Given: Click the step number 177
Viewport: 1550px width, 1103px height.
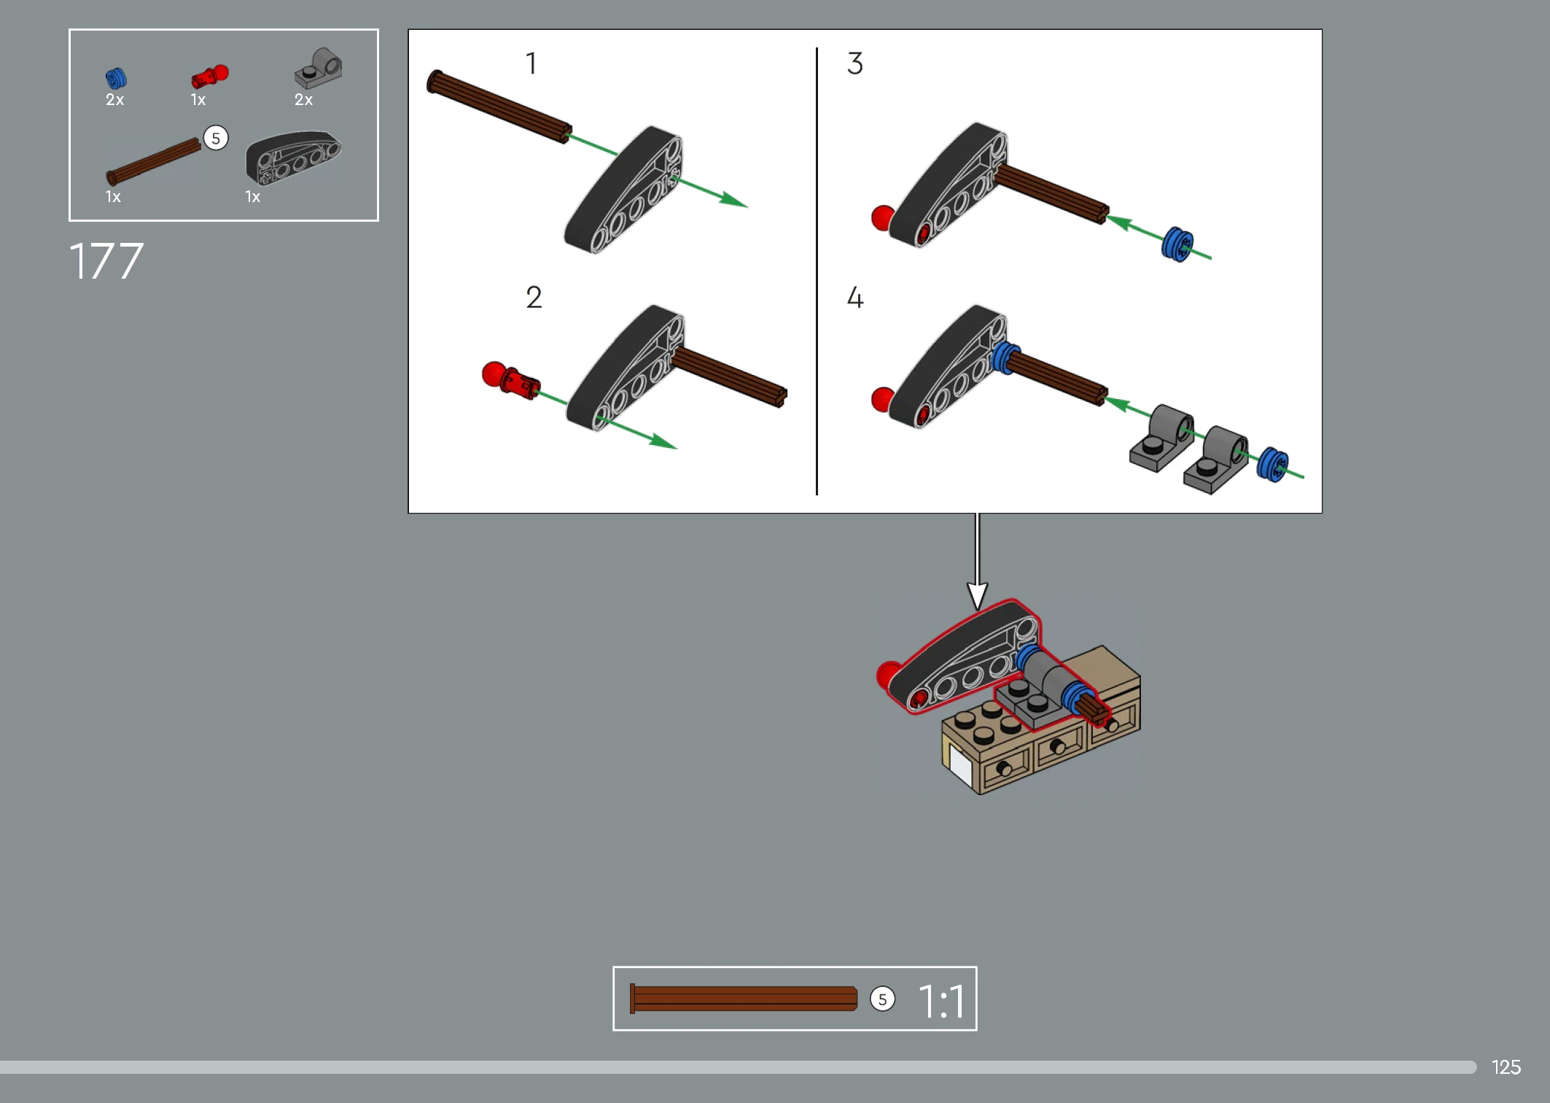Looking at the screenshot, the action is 106,261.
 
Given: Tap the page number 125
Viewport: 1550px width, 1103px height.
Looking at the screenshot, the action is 1506,1067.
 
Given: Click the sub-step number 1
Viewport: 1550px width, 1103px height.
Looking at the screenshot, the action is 531,63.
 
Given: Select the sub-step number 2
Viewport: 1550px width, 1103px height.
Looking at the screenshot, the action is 534,298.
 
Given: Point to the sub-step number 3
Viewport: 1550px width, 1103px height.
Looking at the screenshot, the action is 855,63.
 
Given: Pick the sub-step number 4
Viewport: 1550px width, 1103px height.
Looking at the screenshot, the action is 855,298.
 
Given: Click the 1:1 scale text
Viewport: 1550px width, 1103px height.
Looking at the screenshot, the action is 942,1001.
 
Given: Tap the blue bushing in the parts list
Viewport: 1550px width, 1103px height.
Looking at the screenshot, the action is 116,78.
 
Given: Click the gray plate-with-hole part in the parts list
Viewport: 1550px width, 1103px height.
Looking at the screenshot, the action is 319,69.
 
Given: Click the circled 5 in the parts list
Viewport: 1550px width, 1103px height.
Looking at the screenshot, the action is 216,138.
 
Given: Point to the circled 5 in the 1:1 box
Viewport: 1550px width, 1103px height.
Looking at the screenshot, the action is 882,999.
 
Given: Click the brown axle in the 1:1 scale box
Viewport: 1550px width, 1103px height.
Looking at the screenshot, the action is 744,999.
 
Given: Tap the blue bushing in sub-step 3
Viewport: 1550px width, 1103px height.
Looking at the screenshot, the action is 1177,244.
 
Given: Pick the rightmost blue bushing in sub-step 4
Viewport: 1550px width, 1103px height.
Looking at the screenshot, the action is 1273,464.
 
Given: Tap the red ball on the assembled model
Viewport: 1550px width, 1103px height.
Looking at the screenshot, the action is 888,674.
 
